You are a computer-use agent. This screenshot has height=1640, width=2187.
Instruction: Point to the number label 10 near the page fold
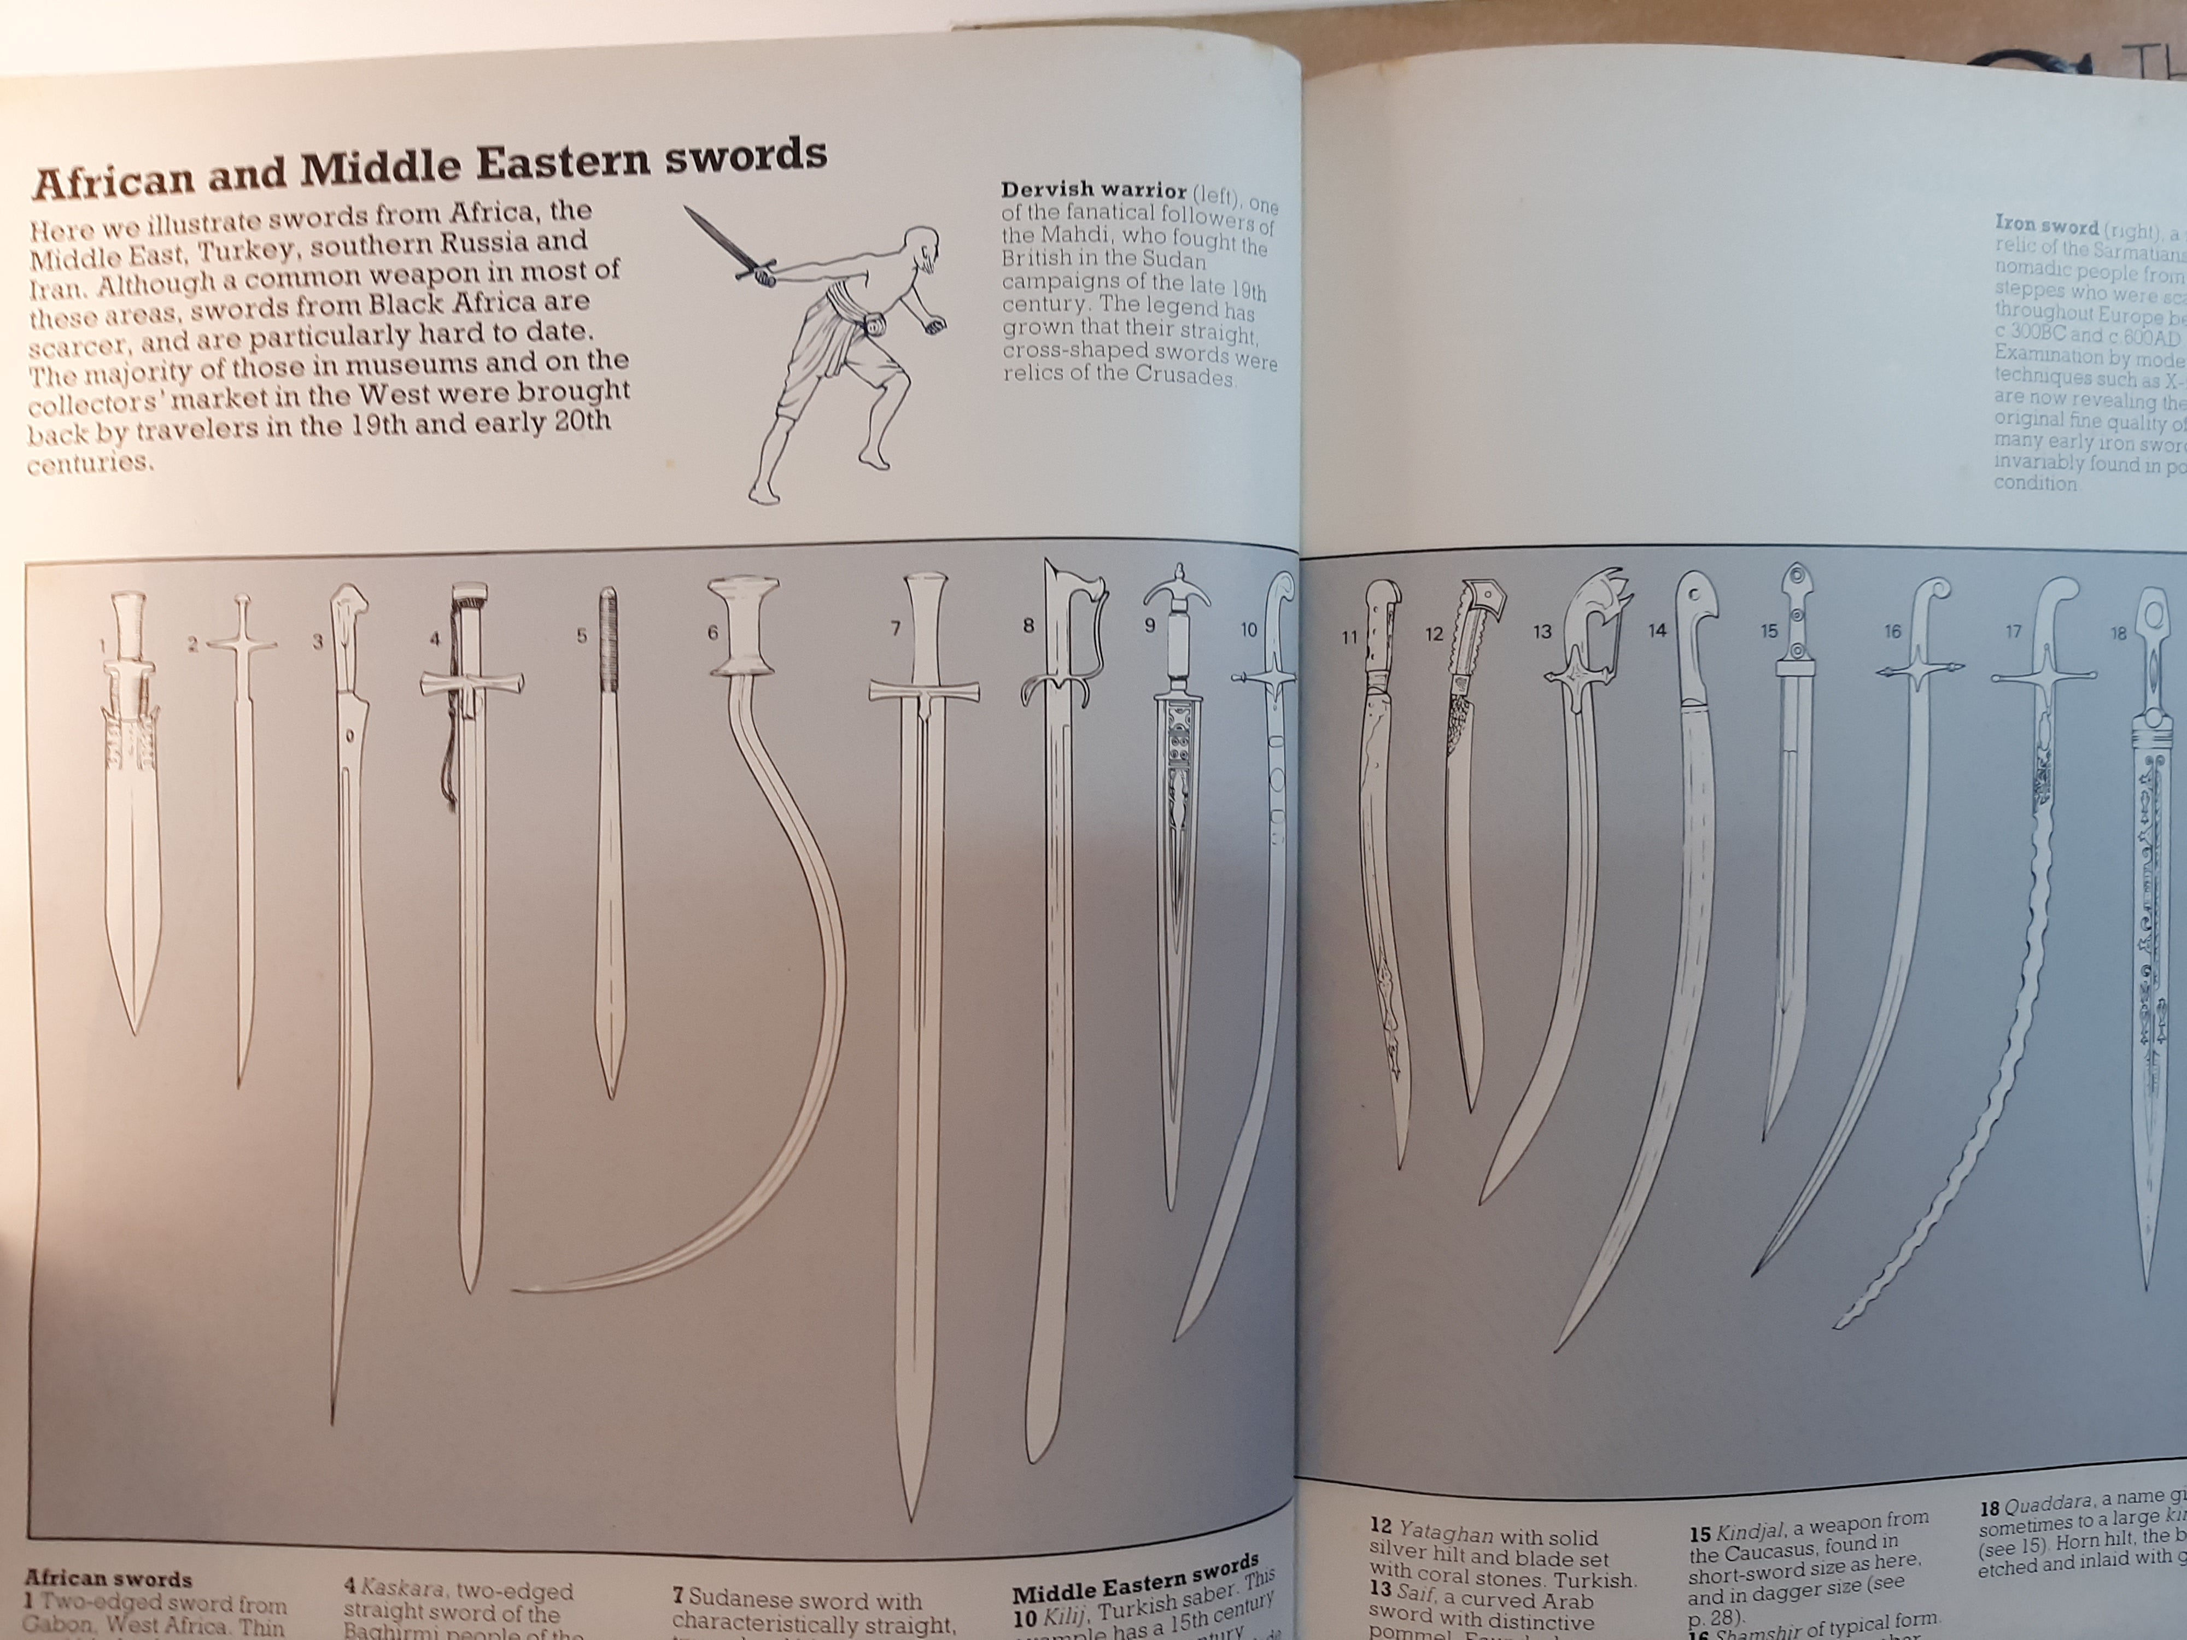click(x=1249, y=630)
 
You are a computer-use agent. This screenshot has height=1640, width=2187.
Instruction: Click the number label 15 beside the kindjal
click(x=1769, y=630)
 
